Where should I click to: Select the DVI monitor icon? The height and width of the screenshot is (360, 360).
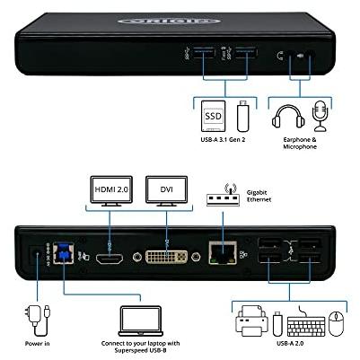click(168, 190)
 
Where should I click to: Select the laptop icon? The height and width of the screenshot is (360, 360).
click(139, 320)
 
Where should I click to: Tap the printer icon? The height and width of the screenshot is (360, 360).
click(250, 320)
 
